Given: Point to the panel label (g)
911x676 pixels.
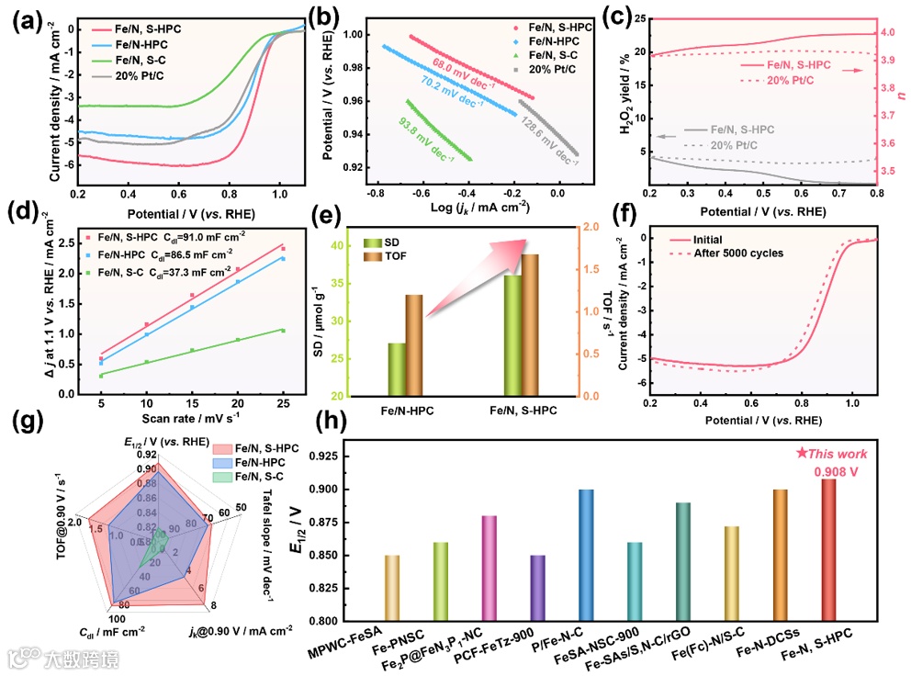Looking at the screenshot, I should point(22,424).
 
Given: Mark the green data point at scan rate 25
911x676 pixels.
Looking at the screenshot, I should point(283,331).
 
